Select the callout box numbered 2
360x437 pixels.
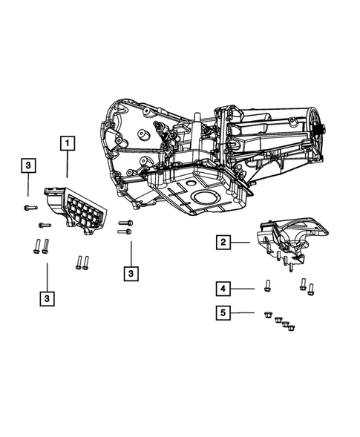[x=222, y=241]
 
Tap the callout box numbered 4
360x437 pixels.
[x=222, y=287]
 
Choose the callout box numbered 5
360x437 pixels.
[x=222, y=313]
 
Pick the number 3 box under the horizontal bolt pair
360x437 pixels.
[x=131, y=274]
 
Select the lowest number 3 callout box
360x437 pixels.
[x=46, y=298]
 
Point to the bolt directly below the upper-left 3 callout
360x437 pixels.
[x=27, y=207]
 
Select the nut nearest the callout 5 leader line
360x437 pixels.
[x=266, y=314]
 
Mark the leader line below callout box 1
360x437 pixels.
[x=68, y=165]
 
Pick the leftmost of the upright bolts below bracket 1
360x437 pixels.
[x=36, y=247]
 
